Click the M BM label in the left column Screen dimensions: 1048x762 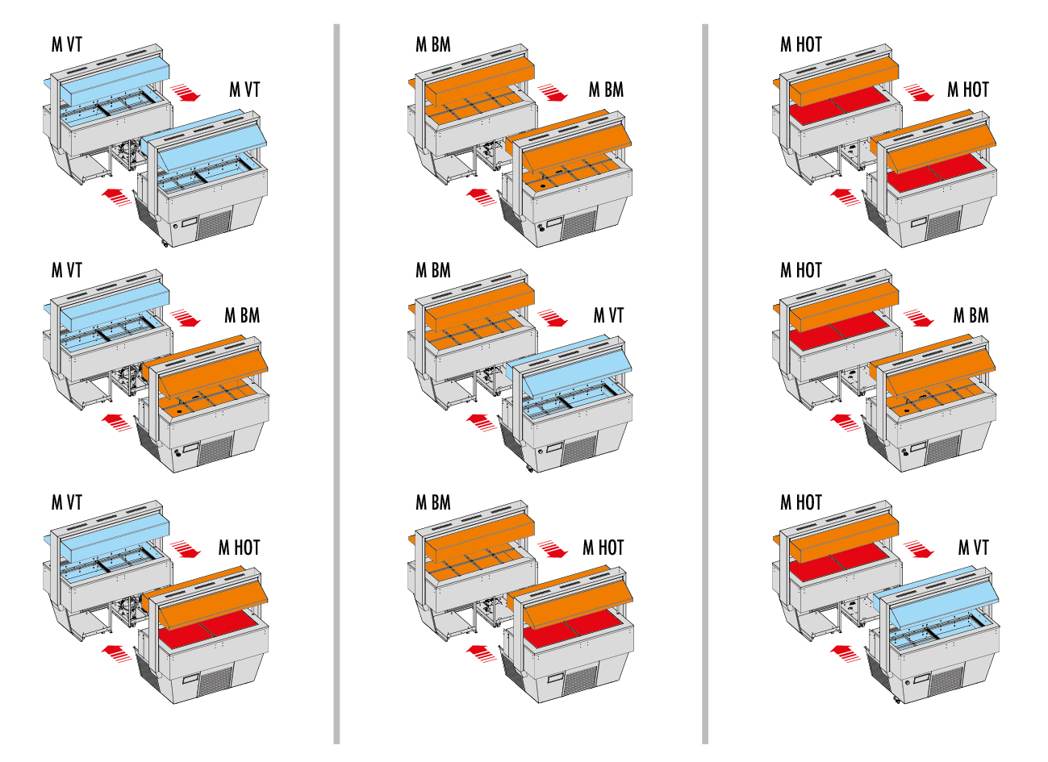coord(242,315)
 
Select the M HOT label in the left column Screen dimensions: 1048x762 coord(239,548)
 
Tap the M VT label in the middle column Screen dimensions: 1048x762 coord(608,315)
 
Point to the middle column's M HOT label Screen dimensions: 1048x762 coord(603,548)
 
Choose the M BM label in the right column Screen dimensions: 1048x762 coord(971,315)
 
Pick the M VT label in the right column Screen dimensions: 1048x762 coord(973,548)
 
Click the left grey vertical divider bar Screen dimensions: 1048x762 coord(336,384)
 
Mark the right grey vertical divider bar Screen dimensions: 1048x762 coord(705,384)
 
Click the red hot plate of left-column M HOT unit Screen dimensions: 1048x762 coord(206,629)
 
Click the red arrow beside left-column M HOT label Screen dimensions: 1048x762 coord(186,549)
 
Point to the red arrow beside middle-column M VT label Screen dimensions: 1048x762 coord(553,318)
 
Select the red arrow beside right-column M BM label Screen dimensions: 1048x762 coord(918,318)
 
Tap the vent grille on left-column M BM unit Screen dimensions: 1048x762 coord(215,450)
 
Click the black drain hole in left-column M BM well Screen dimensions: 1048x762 coord(179,411)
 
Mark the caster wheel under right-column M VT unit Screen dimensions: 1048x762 coord(896,700)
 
